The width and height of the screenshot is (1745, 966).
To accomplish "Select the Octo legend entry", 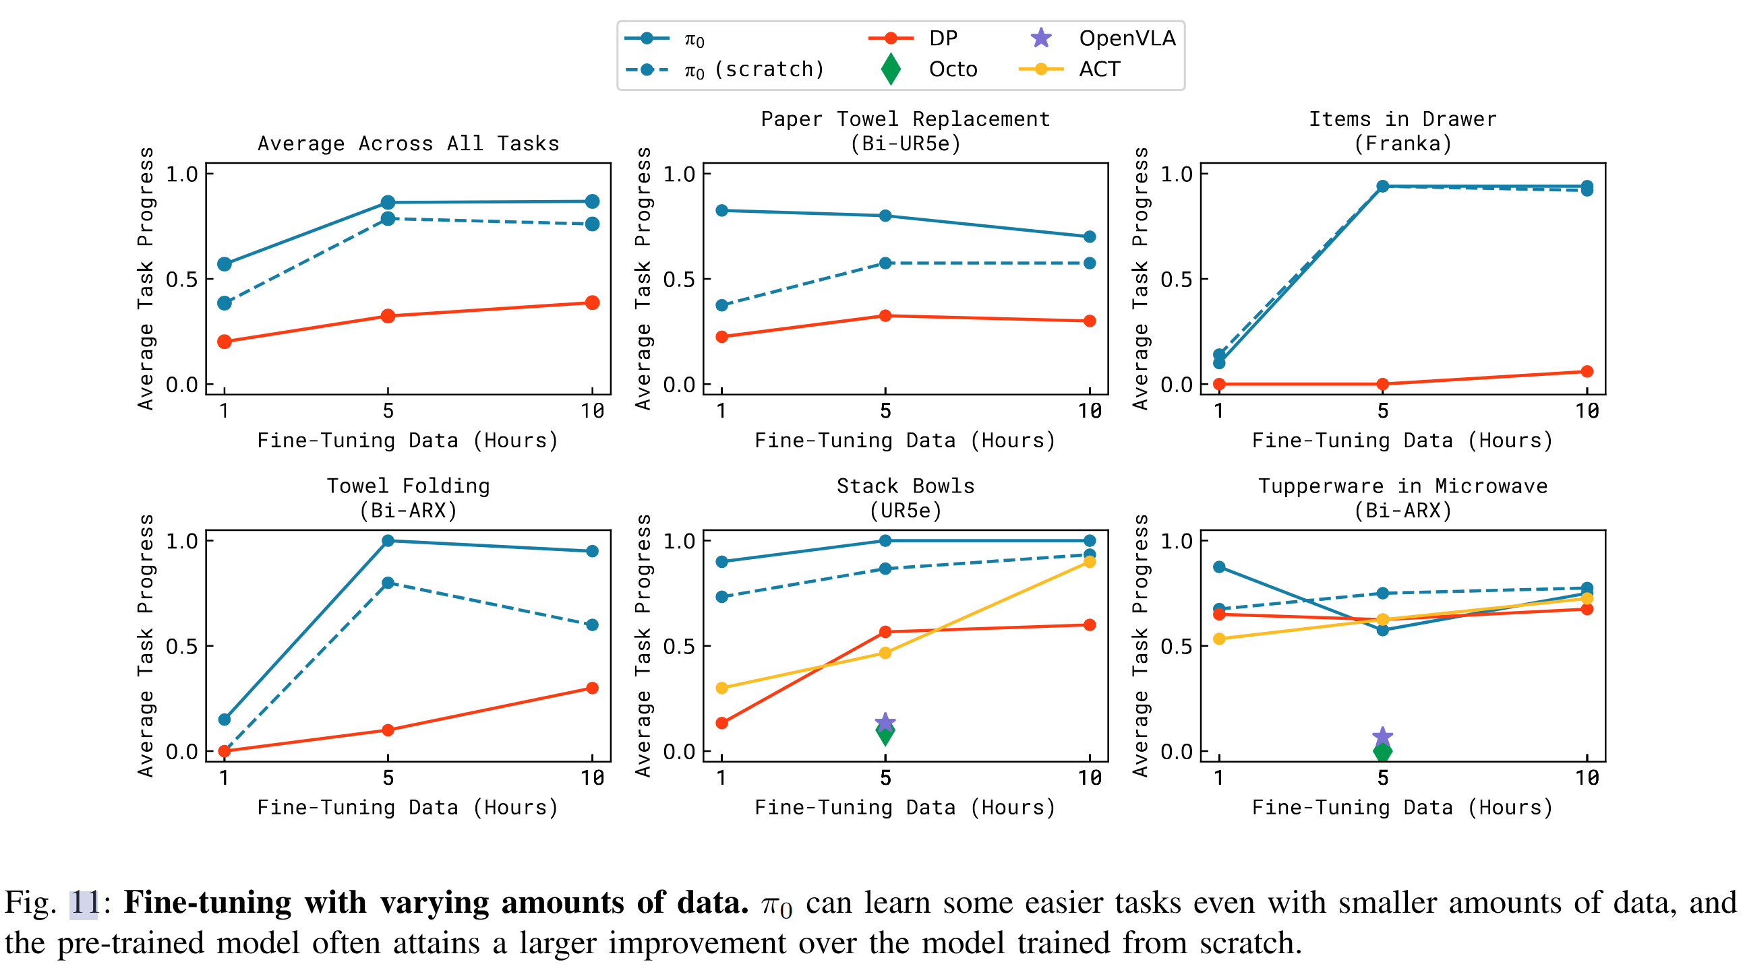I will point(953,69).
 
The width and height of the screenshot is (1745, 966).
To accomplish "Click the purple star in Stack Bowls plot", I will point(885,722).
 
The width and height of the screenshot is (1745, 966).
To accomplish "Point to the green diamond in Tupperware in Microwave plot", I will point(1382,751).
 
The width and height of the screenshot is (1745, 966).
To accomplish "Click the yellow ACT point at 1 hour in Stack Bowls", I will point(721,688).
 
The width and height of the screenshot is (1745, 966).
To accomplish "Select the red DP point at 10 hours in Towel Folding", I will point(592,688).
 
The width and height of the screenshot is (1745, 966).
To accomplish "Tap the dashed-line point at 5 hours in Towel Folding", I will point(388,583).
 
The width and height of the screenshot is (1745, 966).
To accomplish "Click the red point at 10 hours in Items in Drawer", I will point(1587,372).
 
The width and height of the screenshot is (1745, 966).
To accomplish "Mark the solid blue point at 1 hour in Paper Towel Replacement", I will point(721,211).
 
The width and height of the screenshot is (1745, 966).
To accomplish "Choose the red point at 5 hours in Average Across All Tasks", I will point(388,316).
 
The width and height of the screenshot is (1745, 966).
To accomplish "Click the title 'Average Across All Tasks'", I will point(409,143).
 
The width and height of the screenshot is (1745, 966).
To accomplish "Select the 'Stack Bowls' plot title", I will point(905,486).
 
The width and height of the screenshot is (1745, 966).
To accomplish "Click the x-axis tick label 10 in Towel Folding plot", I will point(592,778).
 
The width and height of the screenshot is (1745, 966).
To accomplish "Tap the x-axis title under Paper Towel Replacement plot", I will point(905,441).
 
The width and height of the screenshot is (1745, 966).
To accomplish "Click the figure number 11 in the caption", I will point(84,903).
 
